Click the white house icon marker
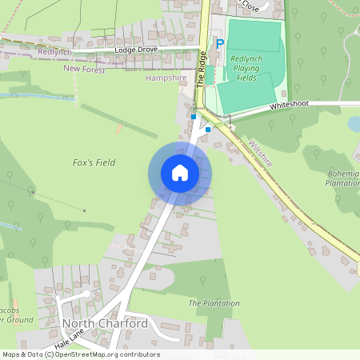click(x=180, y=172)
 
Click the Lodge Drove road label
click(x=138, y=50)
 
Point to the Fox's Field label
click(x=94, y=162)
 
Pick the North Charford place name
click(x=105, y=324)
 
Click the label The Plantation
click(x=214, y=303)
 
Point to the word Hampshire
click(x=166, y=78)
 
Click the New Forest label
click(x=84, y=70)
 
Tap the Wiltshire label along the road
click(x=261, y=153)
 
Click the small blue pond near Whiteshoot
click(x=354, y=123)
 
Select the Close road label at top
click(x=250, y=6)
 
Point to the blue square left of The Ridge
click(x=194, y=116)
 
